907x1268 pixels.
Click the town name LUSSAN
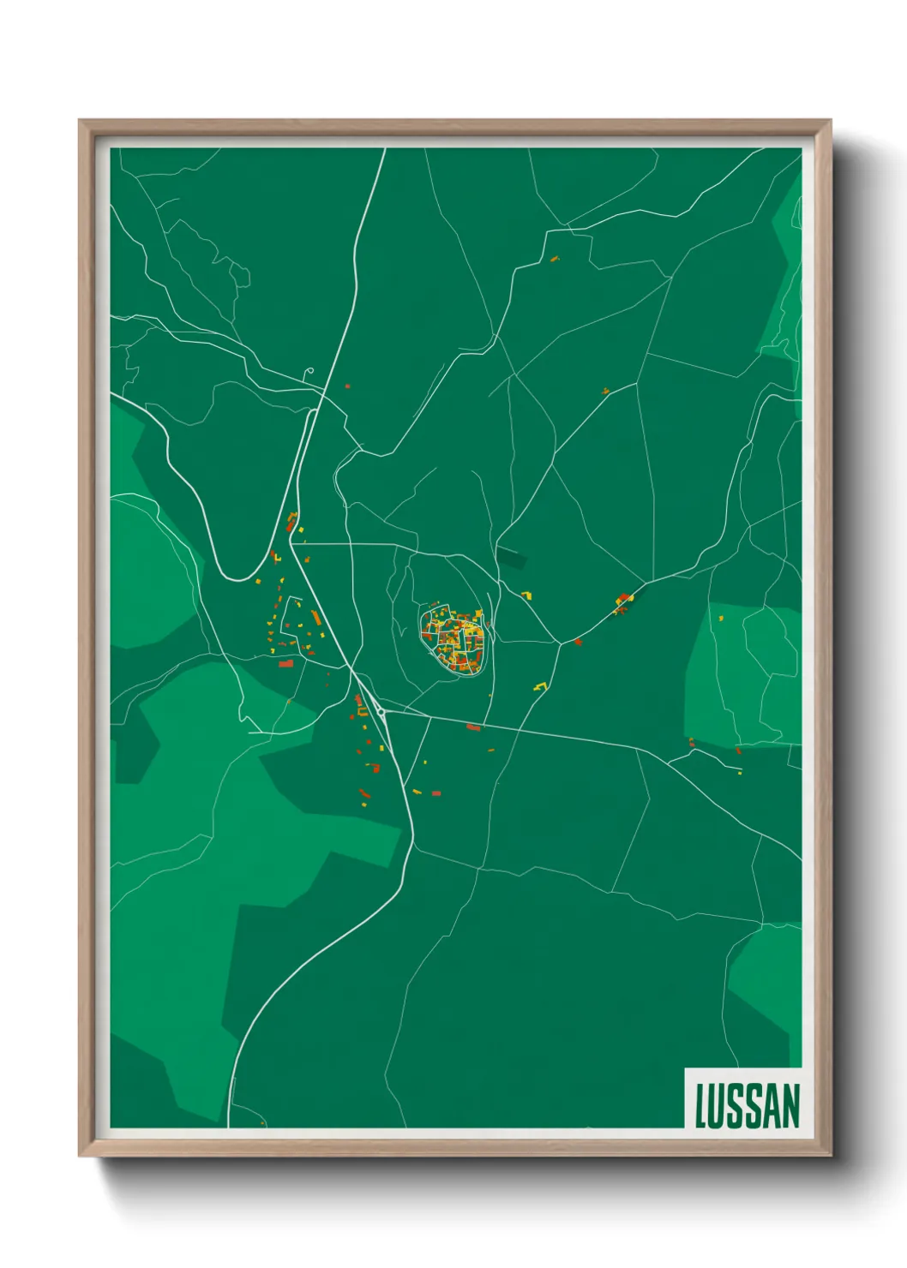747,1105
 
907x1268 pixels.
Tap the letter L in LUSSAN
700,1105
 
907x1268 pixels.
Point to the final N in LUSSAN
790,1105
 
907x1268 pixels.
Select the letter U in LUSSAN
718,1105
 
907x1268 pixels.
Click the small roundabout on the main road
381,712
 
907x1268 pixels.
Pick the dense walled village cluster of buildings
453,637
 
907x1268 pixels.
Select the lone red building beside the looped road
347,386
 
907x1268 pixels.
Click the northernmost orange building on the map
554,257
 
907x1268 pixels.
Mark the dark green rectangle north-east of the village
511,557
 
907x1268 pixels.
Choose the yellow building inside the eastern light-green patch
721,617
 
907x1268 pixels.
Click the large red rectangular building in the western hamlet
286,662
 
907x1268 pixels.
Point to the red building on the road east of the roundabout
473,727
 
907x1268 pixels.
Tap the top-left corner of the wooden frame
80,121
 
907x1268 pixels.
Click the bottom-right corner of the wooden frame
830,1155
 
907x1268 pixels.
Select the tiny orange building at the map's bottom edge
262,1122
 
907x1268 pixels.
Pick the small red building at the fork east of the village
578,641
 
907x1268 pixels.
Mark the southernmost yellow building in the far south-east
740,772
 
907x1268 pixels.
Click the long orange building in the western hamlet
315,617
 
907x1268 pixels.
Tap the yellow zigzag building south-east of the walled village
540,685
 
